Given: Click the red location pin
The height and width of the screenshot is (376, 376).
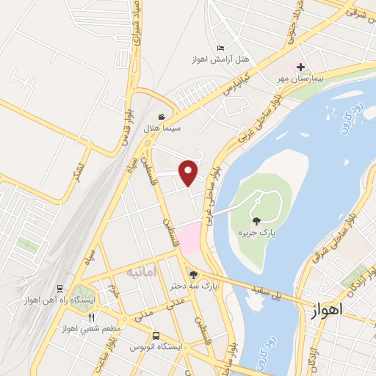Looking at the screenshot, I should point(189,171).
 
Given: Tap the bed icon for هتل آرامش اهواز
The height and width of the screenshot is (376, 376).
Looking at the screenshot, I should point(220,48).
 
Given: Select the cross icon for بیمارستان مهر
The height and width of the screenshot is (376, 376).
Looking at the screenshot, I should point(300,67).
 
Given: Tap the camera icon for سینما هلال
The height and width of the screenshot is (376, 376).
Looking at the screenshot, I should point(162,116).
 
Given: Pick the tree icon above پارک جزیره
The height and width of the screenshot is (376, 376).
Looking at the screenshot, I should point(256,220).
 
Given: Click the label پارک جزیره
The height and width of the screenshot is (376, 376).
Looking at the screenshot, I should point(256,233).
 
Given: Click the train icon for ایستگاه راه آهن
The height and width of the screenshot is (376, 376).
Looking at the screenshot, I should point(59,289).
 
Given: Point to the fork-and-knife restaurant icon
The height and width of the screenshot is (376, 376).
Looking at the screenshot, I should point(91,317).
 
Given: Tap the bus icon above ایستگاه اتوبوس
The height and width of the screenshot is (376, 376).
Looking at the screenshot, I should point(155,336).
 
